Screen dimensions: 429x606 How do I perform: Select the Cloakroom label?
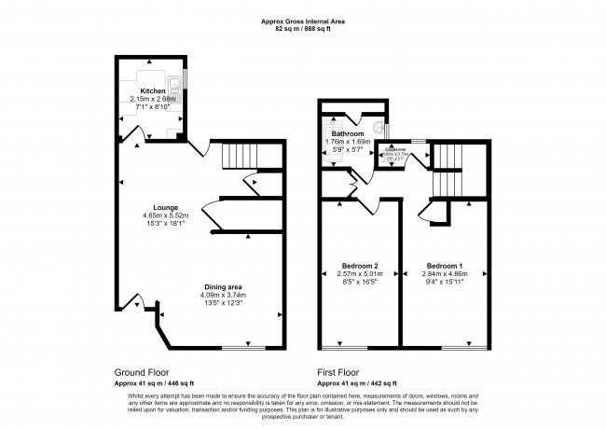coord(391,149)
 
